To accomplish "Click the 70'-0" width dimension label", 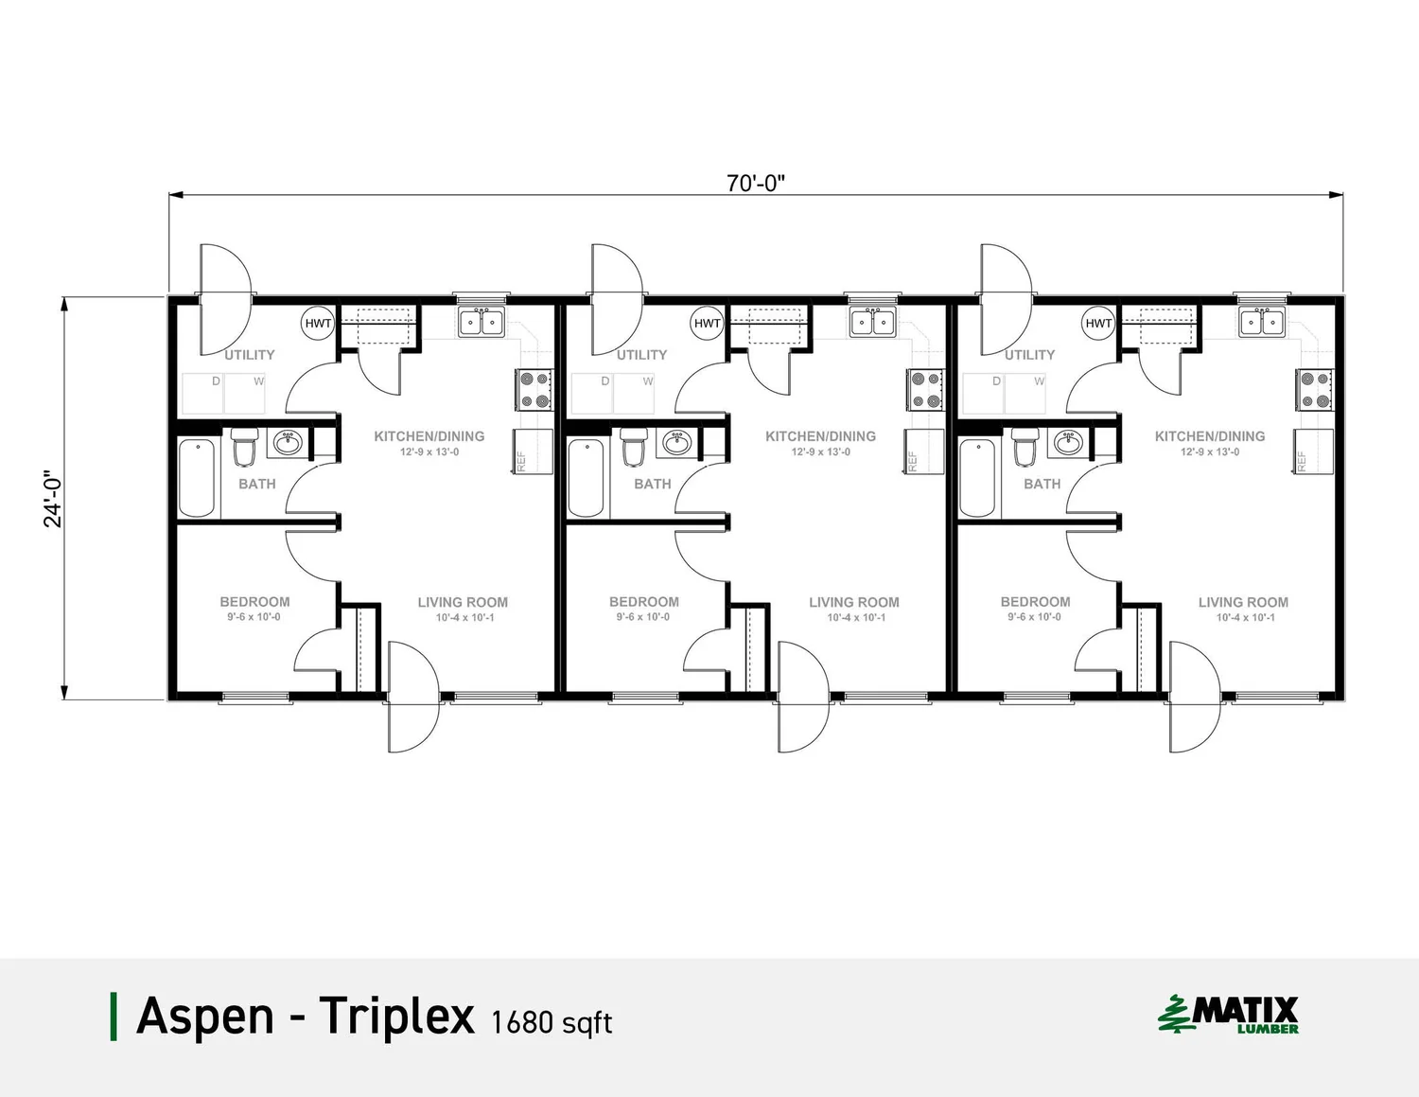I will [x=755, y=183].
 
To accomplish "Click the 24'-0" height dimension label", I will [x=53, y=499].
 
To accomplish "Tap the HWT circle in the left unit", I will [x=318, y=324].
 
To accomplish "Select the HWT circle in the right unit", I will [x=1098, y=324].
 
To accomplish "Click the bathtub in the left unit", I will [x=197, y=478].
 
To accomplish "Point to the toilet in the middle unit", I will [x=634, y=447].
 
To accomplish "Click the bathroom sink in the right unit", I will [x=1068, y=442].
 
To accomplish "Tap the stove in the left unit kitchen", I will [x=534, y=390].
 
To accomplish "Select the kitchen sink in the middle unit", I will [x=872, y=323].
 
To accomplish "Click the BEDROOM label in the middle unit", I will [x=643, y=602].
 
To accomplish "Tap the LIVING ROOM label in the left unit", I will [x=463, y=602].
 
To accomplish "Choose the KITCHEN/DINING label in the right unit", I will [x=1209, y=436].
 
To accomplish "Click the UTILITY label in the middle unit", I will [x=641, y=355].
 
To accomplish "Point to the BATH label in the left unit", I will [x=256, y=484].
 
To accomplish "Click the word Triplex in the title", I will [x=396, y=1017].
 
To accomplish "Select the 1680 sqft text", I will [x=552, y=1022].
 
